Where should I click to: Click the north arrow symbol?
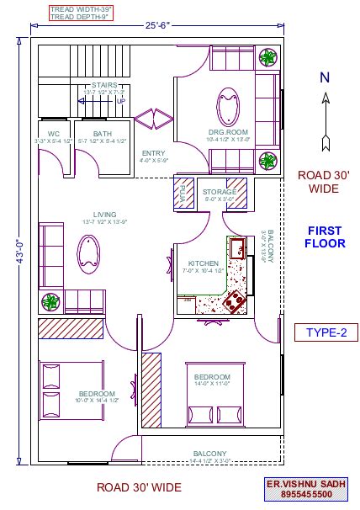click(x=325, y=110)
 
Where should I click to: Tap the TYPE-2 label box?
click(x=320, y=333)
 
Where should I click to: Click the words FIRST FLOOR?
click(x=324, y=237)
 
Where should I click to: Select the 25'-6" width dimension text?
click(x=157, y=26)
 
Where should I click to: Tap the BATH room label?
click(x=102, y=133)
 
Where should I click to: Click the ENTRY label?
click(x=154, y=152)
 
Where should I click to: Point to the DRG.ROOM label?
click(x=227, y=133)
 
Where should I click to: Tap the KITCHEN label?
click(x=203, y=263)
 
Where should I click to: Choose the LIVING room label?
click(x=104, y=215)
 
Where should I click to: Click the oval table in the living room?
click(x=87, y=253)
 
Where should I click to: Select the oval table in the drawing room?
click(x=228, y=108)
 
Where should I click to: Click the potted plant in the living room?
click(x=51, y=300)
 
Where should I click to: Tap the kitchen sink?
click(x=239, y=248)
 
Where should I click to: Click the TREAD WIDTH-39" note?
click(x=82, y=8)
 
